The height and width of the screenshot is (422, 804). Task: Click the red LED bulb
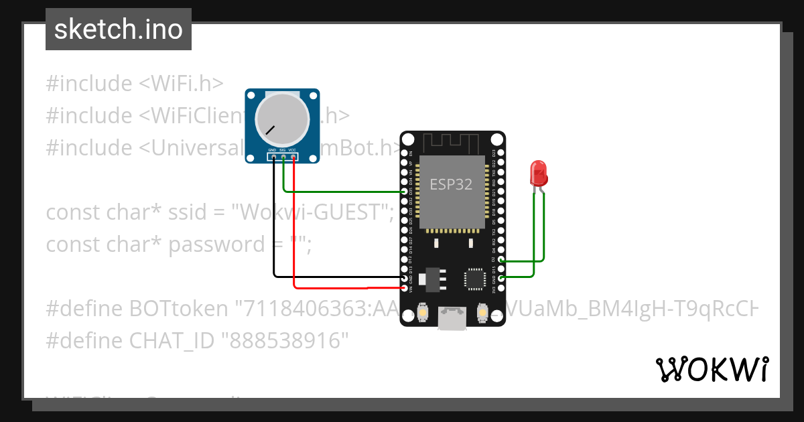tap(538, 173)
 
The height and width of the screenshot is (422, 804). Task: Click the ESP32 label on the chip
tap(450, 184)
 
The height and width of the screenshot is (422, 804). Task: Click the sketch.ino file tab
tap(119, 29)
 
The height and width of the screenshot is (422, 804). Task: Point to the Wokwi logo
tap(712, 369)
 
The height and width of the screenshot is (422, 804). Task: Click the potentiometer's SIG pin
tap(283, 158)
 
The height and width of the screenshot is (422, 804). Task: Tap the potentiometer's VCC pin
tap(293, 158)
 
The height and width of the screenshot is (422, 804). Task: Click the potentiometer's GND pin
tap(273, 158)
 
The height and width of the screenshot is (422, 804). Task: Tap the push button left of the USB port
tap(423, 311)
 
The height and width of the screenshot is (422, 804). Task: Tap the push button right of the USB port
tap(482, 311)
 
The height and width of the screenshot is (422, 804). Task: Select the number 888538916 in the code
tap(289, 341)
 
